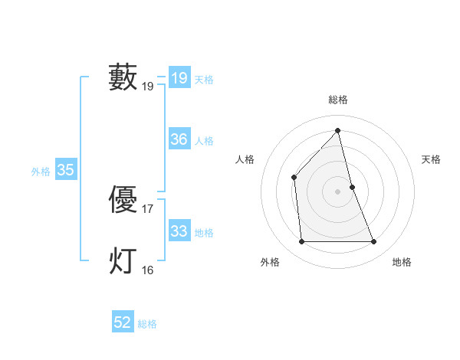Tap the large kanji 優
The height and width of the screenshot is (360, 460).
pos(123,200)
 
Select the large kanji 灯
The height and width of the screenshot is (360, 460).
pos(123,260)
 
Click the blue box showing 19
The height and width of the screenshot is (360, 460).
pos(179,78)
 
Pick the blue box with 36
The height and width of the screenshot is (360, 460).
pos(179,139)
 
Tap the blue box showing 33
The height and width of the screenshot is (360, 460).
pos(179,231)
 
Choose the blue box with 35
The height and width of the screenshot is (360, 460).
pos(65,170)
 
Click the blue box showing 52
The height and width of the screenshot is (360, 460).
pos(122,323)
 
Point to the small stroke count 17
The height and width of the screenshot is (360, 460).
pos(148,208)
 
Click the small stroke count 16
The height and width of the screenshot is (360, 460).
pos(148,270)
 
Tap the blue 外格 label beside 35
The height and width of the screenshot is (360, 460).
pos(41,172)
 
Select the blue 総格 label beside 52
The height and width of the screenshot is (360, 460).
pos(147,325)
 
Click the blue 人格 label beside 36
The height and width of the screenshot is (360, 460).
pos(204,141)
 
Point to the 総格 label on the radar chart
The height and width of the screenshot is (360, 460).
pos(338,100)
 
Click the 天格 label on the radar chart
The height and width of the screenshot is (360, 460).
pos(431,159)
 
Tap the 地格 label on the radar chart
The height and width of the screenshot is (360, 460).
pos(402,263)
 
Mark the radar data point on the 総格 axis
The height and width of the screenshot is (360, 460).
pos(338,130)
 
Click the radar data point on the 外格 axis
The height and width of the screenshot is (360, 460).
pos(301,242)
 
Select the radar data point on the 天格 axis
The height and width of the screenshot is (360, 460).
pos(352,187)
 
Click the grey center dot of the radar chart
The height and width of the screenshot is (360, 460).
pos(338,191)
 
